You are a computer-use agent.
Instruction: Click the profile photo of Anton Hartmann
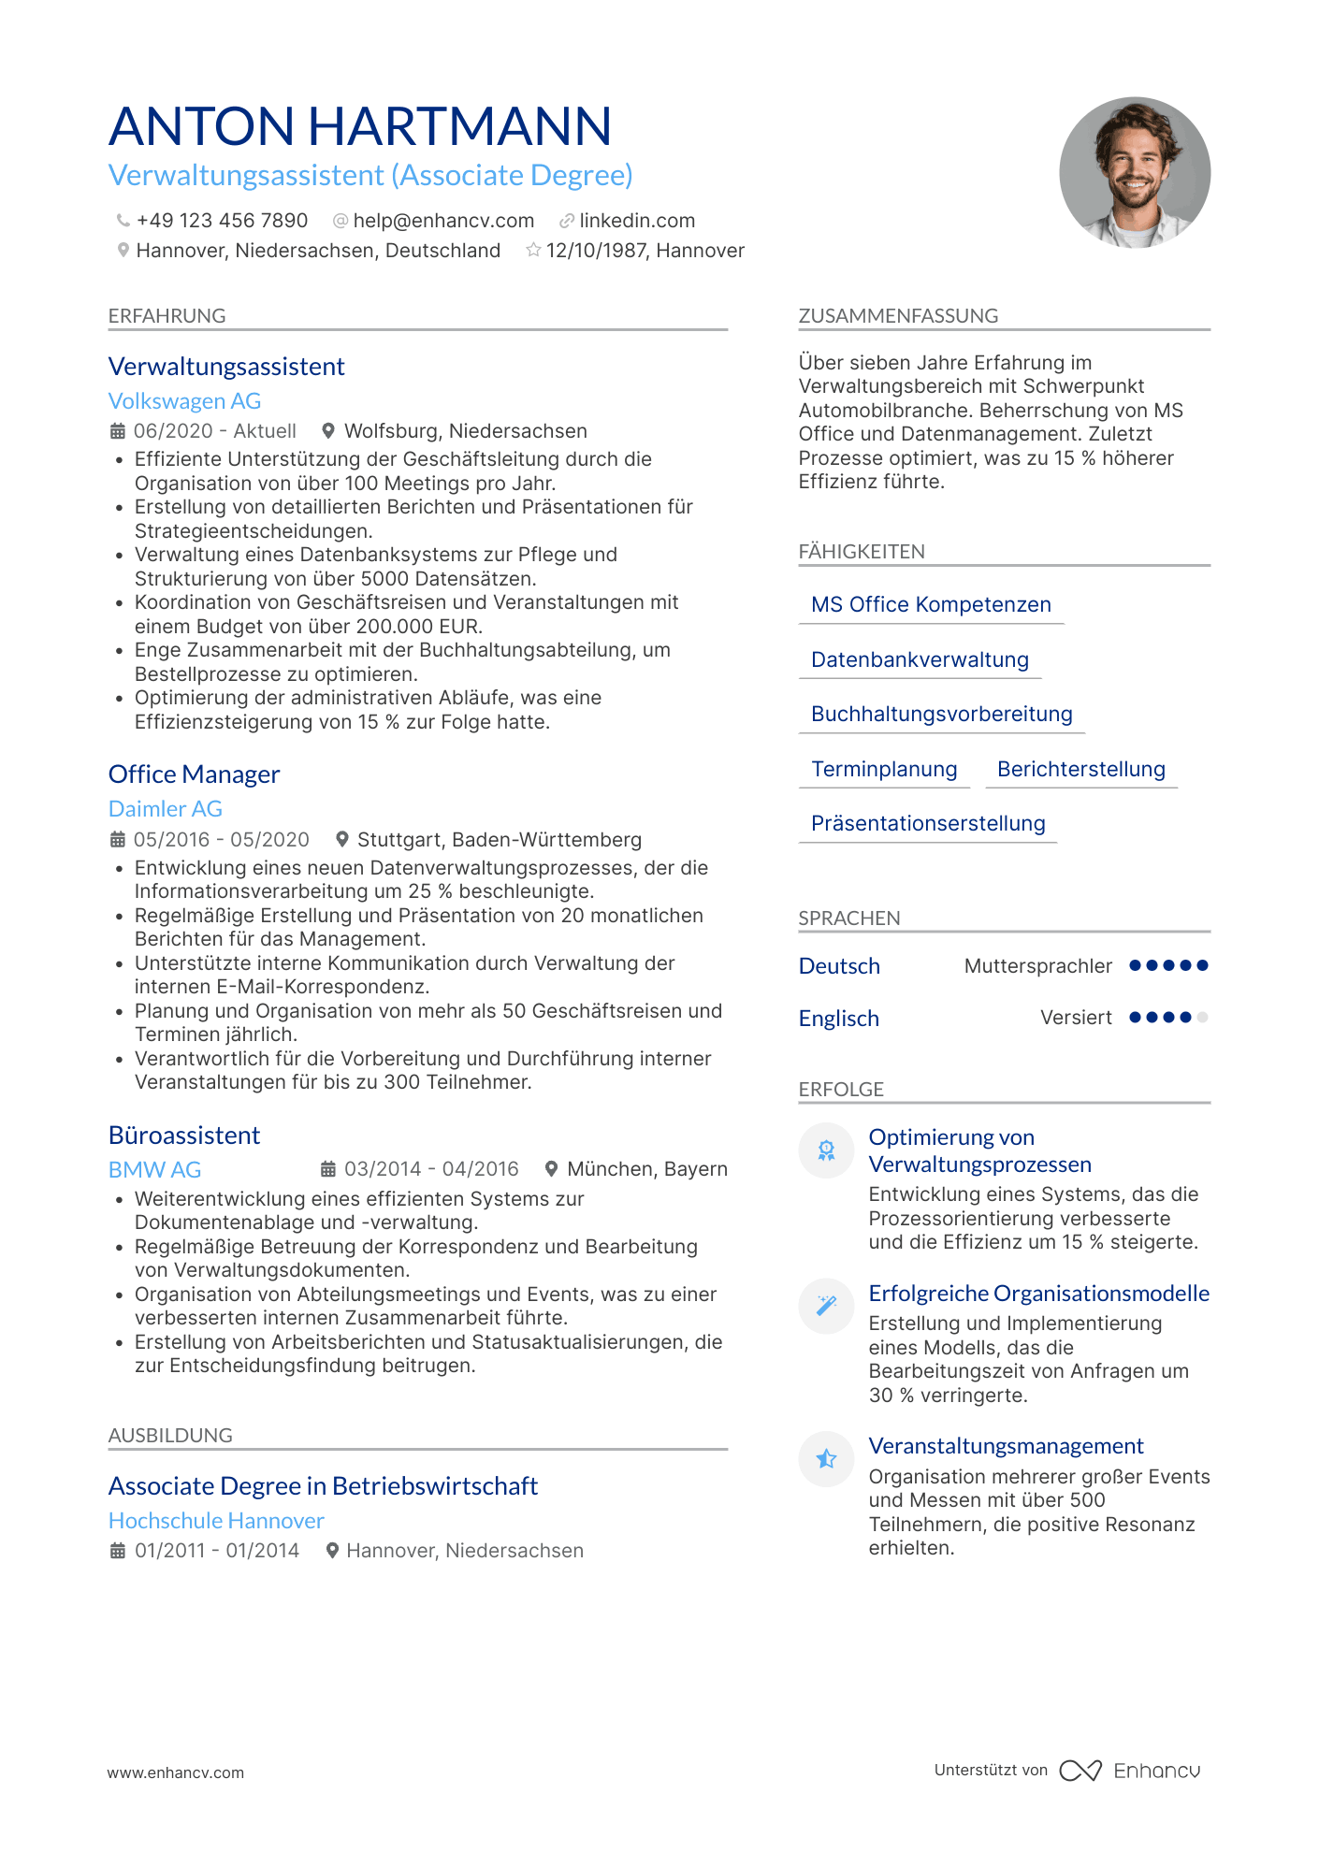[x=1134, y=173]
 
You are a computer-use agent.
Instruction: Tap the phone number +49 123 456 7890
[x=222, y=221]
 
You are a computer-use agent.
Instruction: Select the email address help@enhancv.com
[x=443, y=221]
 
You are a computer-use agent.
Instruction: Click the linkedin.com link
[x=637, y=221]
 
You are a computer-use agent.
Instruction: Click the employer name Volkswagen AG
[x=184, y=401]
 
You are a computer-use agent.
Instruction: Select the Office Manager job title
[x=194, y=774]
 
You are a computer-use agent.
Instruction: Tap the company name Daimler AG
[x=166, y=809]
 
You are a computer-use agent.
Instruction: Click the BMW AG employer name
[x=154, y=1170]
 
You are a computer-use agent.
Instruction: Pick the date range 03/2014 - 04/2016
[x=431, y=1169]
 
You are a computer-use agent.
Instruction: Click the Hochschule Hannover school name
[x=216, y=1521]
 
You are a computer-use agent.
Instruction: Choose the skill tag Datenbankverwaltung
[x=920, y=660]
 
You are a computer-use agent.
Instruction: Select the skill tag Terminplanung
[x=884, y=770]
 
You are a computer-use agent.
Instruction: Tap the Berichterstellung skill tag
[x=1080, y=770]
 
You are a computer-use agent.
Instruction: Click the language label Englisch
[x=838, y=1019]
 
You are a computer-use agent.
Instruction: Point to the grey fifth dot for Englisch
[x=1202, y=1018]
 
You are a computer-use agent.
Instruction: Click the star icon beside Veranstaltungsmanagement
[x=826, y=1459]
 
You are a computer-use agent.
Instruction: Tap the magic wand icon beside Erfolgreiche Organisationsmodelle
[x=826, y=1306]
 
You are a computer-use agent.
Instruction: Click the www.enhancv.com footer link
[x=176, y=1772]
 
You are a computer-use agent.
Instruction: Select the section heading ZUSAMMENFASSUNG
[x=898, y=316]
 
